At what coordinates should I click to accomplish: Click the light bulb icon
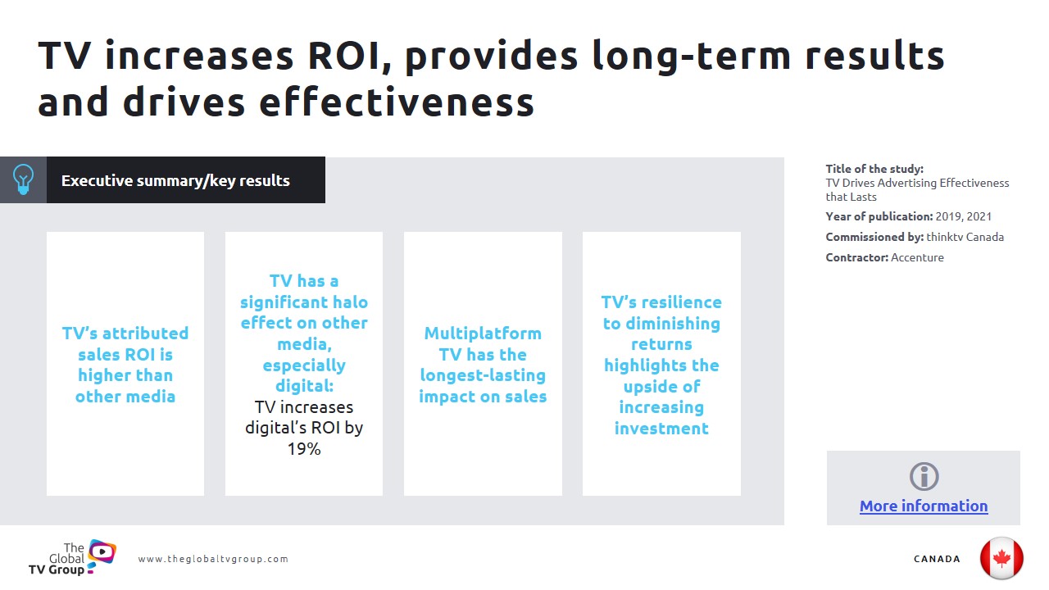23,179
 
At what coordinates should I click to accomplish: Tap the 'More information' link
924,506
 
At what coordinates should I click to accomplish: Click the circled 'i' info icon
924,477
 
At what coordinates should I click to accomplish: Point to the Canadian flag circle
1001,558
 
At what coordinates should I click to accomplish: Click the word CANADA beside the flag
937,559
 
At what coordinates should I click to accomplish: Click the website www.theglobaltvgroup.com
213,559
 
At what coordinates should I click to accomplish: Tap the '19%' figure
304,448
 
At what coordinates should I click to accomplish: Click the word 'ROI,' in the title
350,57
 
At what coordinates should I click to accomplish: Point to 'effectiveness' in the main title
397,102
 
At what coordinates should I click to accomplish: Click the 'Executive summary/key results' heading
175,181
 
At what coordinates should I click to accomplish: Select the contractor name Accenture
917,257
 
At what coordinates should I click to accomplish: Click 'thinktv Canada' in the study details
965,237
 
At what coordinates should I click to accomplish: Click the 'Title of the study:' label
874,169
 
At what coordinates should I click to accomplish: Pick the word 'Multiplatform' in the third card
483,334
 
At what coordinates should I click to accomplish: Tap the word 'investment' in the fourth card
661,428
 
